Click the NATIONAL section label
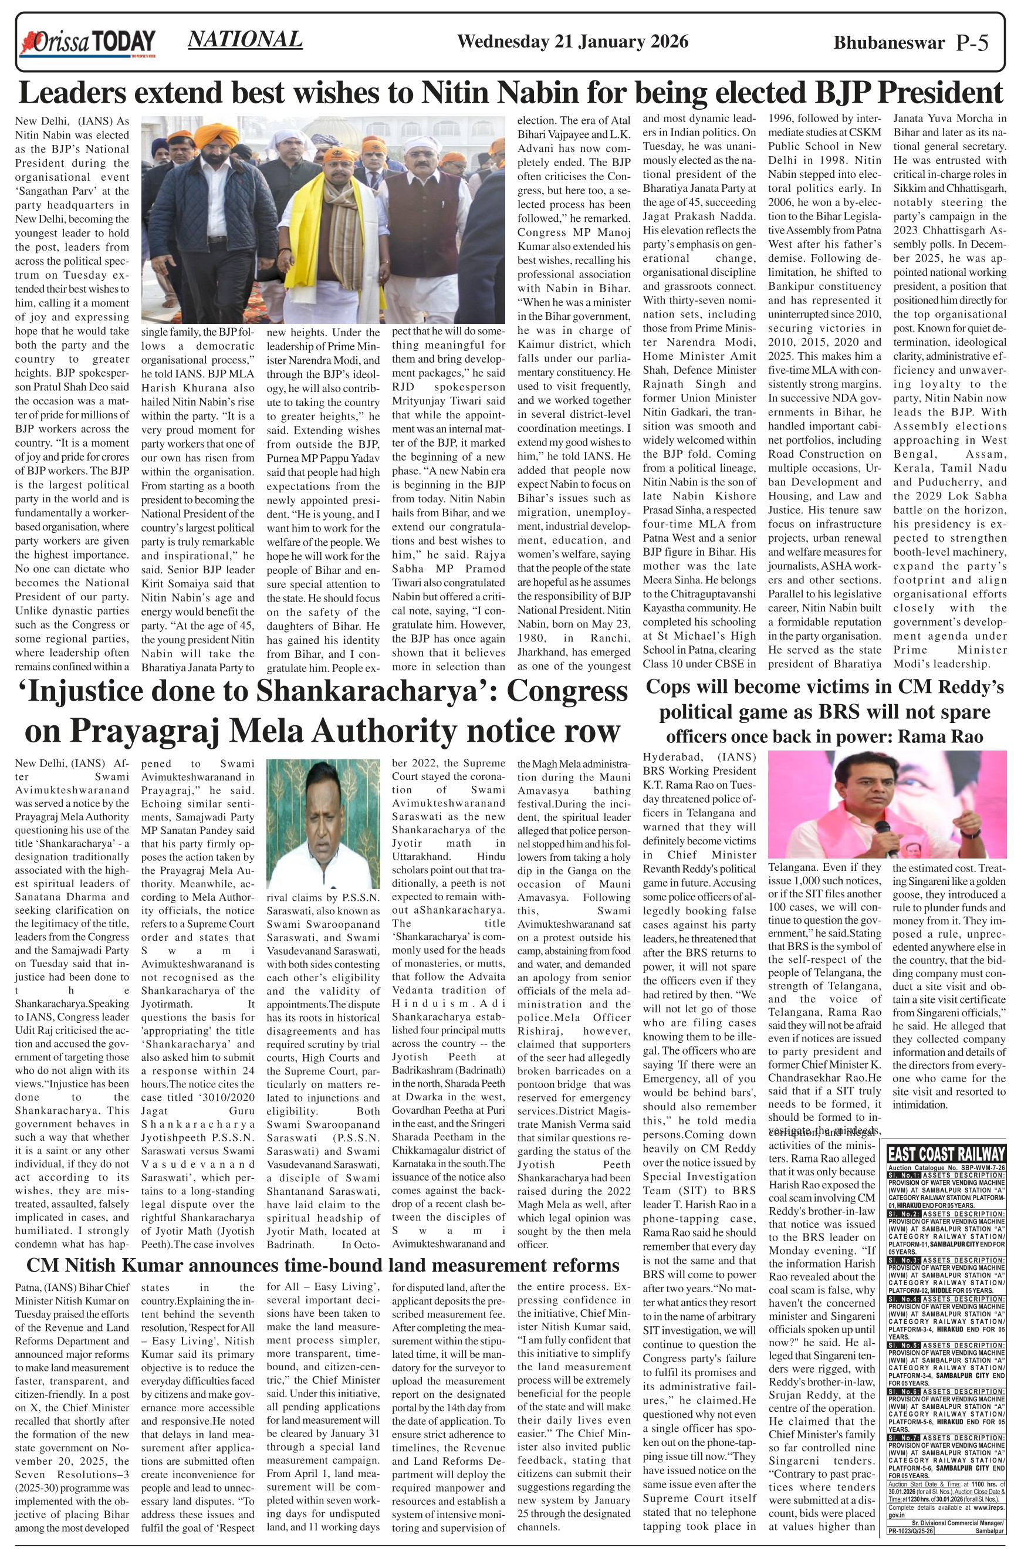(245, 39)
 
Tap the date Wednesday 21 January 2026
(572, 42)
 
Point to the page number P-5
(972, 43)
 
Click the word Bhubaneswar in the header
(889, 43)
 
